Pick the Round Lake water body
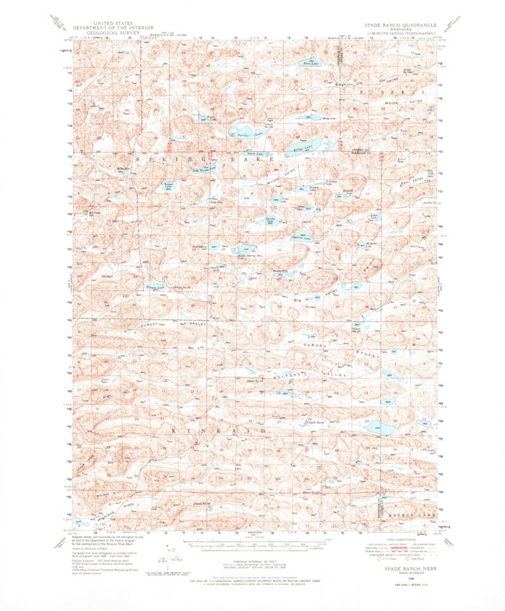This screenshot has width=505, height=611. coord(169,185)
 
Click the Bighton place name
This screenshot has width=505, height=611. coord(345,85)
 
